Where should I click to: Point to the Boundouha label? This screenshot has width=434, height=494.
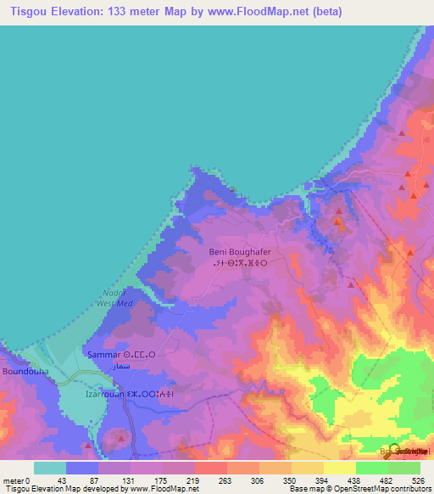pyautogui.click(x=25, y=372)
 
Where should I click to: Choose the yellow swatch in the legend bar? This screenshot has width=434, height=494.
pyautogui.click(x=339, y=468)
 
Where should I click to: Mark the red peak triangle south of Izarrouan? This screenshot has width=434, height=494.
pyautogui.click(x=120, y=439)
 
